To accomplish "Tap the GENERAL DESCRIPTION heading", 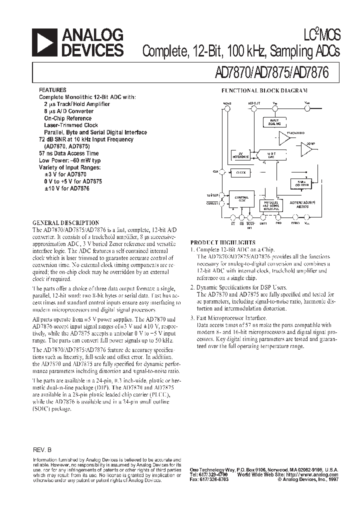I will pos(65,222).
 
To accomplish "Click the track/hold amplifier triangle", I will pos(283,138).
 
